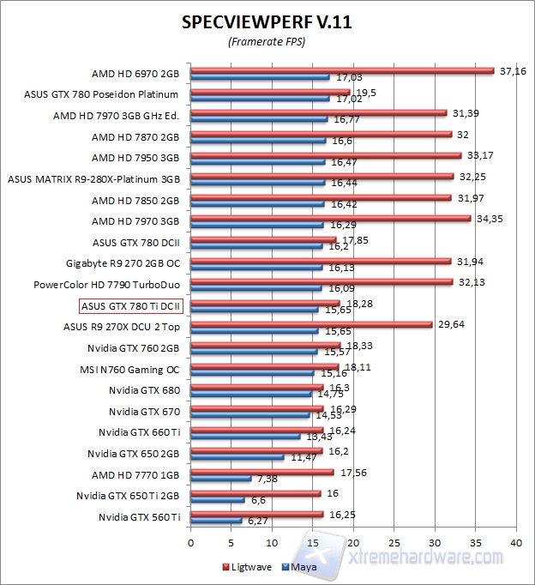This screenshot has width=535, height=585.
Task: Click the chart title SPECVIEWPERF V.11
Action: [267, 22]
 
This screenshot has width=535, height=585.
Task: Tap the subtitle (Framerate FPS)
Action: [267, 41]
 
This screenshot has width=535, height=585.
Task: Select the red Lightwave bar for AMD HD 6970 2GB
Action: [342, 70]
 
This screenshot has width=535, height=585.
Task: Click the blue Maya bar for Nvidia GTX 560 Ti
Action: [216, 521]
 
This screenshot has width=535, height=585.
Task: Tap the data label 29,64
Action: [450, 323]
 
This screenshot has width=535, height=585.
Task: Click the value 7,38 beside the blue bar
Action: [267, 479]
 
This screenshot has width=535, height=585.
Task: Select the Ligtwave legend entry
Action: [249, 567]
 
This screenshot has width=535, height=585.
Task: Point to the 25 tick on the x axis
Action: [394, 542]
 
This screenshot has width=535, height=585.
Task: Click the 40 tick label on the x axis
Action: [515, 542]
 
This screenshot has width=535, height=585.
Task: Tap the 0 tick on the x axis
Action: [190, 542]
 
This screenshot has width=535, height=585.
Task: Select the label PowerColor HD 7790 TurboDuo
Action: [106, 284]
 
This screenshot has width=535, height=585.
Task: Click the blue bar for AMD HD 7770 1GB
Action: [221, 478]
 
